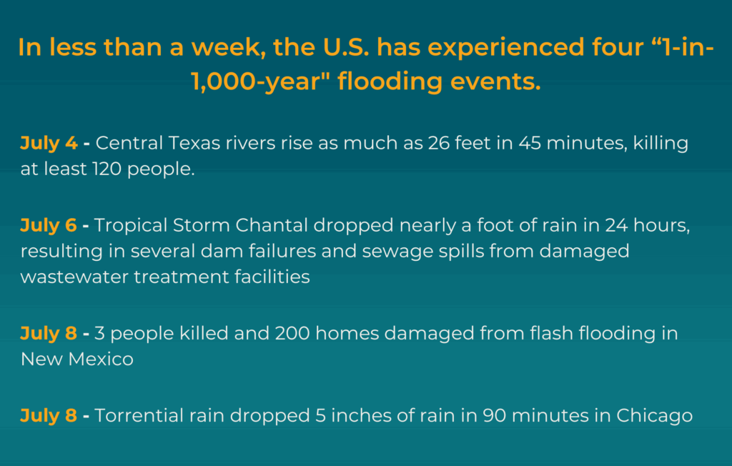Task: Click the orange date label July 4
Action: tap(49, 144)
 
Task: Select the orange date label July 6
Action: tap(49, 226)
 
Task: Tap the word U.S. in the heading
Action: tap(346, 47)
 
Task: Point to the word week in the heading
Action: tap(229, 47)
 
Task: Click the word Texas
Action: tap(194, 143)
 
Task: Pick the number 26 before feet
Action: tap(438, 143)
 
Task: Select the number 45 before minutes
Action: tap(530, 143)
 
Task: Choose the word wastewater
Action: tap(74, 277)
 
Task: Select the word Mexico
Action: tap(101, 359)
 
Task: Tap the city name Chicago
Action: tap(655, 415)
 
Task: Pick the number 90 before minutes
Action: tap(495, 415)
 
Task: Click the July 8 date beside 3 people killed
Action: tap(49, 334)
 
